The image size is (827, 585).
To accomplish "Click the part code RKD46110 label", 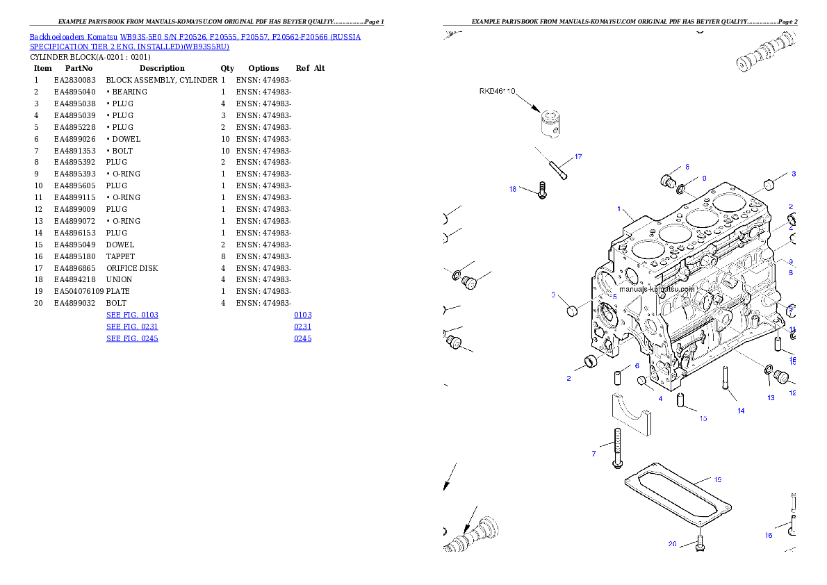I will pyautogui.click(x=497, y=91).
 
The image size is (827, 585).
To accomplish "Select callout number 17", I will pyautogui.click(x=578, y=156).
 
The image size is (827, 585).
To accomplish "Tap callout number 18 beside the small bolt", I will pyautogui.click(x=513, y=188).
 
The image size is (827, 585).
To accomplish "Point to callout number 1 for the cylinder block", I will pyautogui.click(x=619, y=208).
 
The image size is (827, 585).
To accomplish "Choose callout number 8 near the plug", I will pyautogui.click(x=687, y=167).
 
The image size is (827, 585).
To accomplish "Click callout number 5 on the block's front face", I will pyautogui.click(x=614, y=296).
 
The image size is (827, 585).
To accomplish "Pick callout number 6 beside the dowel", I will pyautogui.click(x=636, y=365).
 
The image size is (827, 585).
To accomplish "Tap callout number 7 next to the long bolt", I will pyautogui.click(x=593, y=454).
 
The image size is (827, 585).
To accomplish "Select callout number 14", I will pyautogui.click(x=741, y=411).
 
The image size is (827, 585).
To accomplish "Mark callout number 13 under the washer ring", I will pyautogui.click(x=771, y=397).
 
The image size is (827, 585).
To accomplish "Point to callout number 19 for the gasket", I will pyautogui.click(x=717, y=479).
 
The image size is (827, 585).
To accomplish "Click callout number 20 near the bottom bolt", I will pyautogui.click(x=672, y=544).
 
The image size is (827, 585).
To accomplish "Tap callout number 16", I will pyautogui.click(x=769, y=535).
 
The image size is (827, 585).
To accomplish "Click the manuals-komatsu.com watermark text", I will pyautogui.click(x=657, y=288).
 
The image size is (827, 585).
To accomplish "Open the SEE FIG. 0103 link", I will pyautogui.click(x=132, y=315).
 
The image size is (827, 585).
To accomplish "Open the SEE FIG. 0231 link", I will pyautogui.click(x=132, y=327).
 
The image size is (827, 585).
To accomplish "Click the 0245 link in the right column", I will pyautogui.click(x=302, y=338).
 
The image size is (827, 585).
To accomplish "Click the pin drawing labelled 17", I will pyautogui.click(x=552, y=165).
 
